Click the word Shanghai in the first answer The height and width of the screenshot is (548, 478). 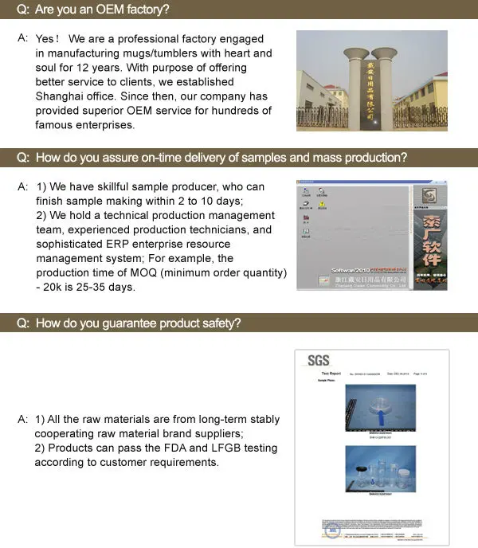click(58, 96)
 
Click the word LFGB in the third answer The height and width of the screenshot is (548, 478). click(224, 448)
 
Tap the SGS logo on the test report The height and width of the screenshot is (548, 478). click(318, 361)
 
